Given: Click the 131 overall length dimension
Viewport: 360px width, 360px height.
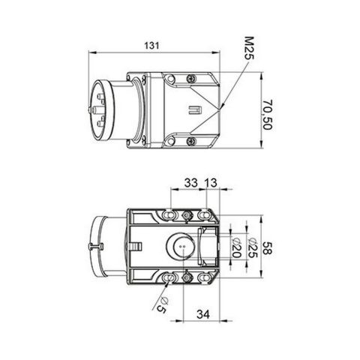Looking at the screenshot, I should click(x=152, y=46).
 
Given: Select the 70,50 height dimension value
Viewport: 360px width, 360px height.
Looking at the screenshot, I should click(x=268, y=113).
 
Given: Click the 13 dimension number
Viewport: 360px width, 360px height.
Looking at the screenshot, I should click(x=211, y=182).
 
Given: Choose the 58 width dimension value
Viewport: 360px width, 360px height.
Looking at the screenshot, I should click(x=268, y=248).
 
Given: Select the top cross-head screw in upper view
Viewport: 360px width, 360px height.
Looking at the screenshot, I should click(x=193, y=78).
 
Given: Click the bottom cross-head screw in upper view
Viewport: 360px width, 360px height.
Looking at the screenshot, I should click(x=193, y=139).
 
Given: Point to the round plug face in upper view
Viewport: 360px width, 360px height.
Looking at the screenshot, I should click(x=99, y=110).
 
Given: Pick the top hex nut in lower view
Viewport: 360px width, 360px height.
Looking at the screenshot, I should click(x=185, y=216).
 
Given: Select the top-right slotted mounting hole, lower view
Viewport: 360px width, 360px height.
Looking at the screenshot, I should click(x=203, y=216).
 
